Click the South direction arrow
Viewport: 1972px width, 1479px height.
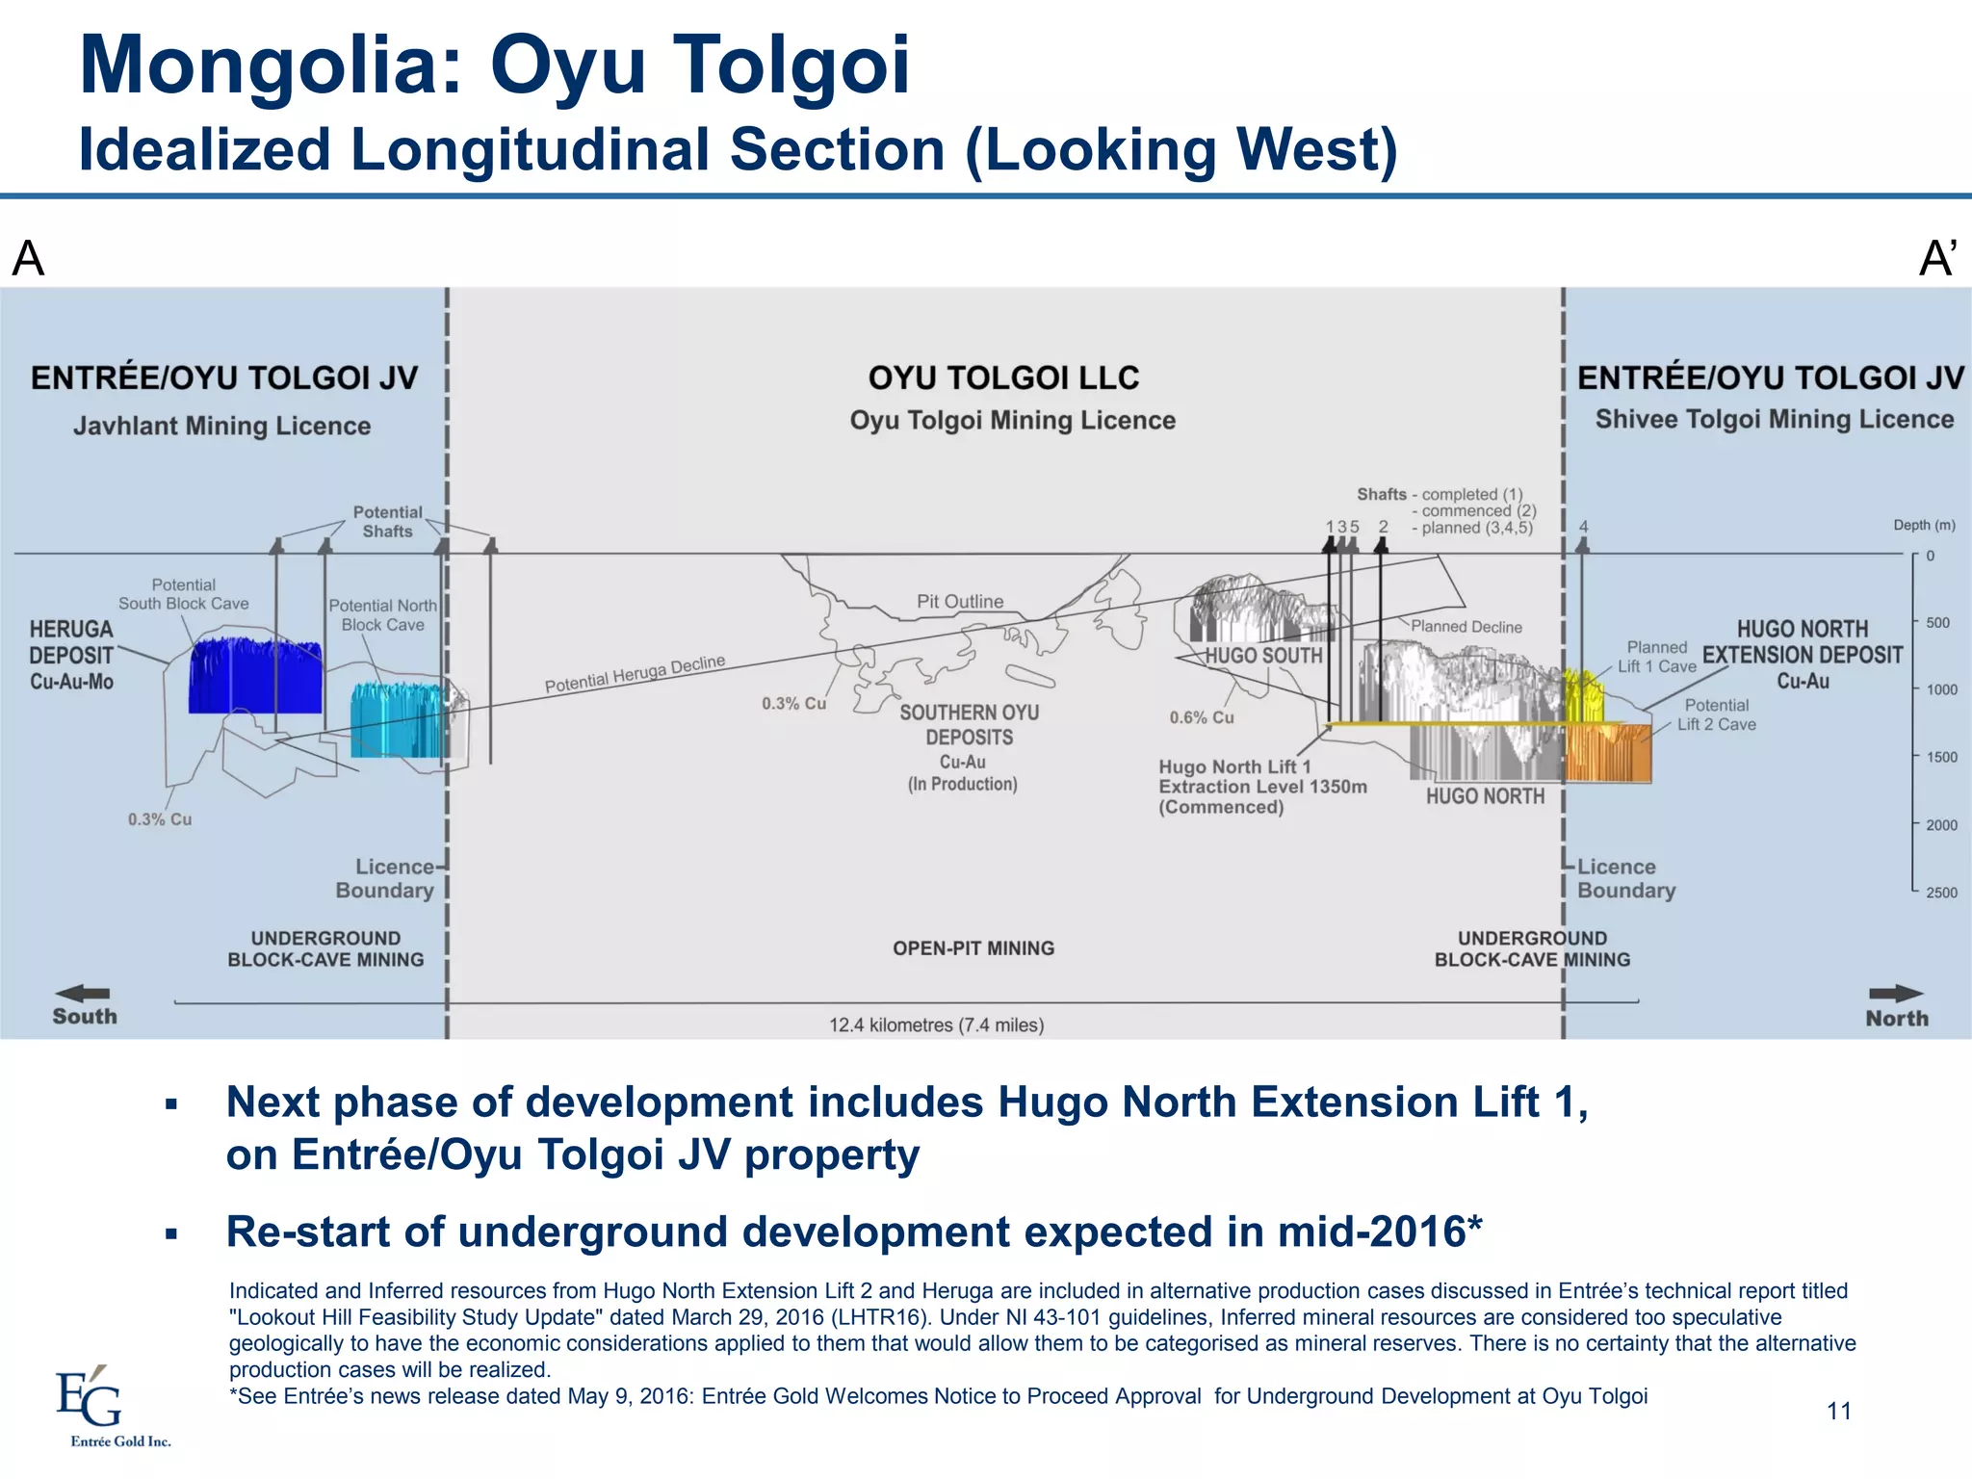pos(83,993)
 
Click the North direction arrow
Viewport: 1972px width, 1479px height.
pos(1895,994)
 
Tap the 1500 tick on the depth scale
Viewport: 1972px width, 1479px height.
pos(1941,757)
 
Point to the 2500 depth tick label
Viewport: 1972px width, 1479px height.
pos(1941,893)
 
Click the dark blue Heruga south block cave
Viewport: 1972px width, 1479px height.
pos(255,677)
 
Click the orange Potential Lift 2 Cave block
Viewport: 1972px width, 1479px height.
pos(1608,753)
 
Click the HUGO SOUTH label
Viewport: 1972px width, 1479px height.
pos(1263,656)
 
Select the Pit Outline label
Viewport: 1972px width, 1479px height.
pos(960,602)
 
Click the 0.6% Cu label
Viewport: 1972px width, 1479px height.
pos(1202,717)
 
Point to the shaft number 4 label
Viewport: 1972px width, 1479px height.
pos(1584,527)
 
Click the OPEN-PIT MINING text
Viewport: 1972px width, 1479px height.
pos(973,948)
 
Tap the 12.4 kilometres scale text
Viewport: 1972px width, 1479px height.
pos(936,1025)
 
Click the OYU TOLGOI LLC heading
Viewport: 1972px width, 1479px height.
pos(1003,377)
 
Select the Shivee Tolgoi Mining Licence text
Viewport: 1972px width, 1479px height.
pos(1774,420)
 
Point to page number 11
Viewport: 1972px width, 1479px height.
pos(1839,1412)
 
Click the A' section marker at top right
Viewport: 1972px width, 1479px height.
pos(1936,258)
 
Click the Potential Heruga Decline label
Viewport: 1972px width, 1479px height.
pos(635,674)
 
